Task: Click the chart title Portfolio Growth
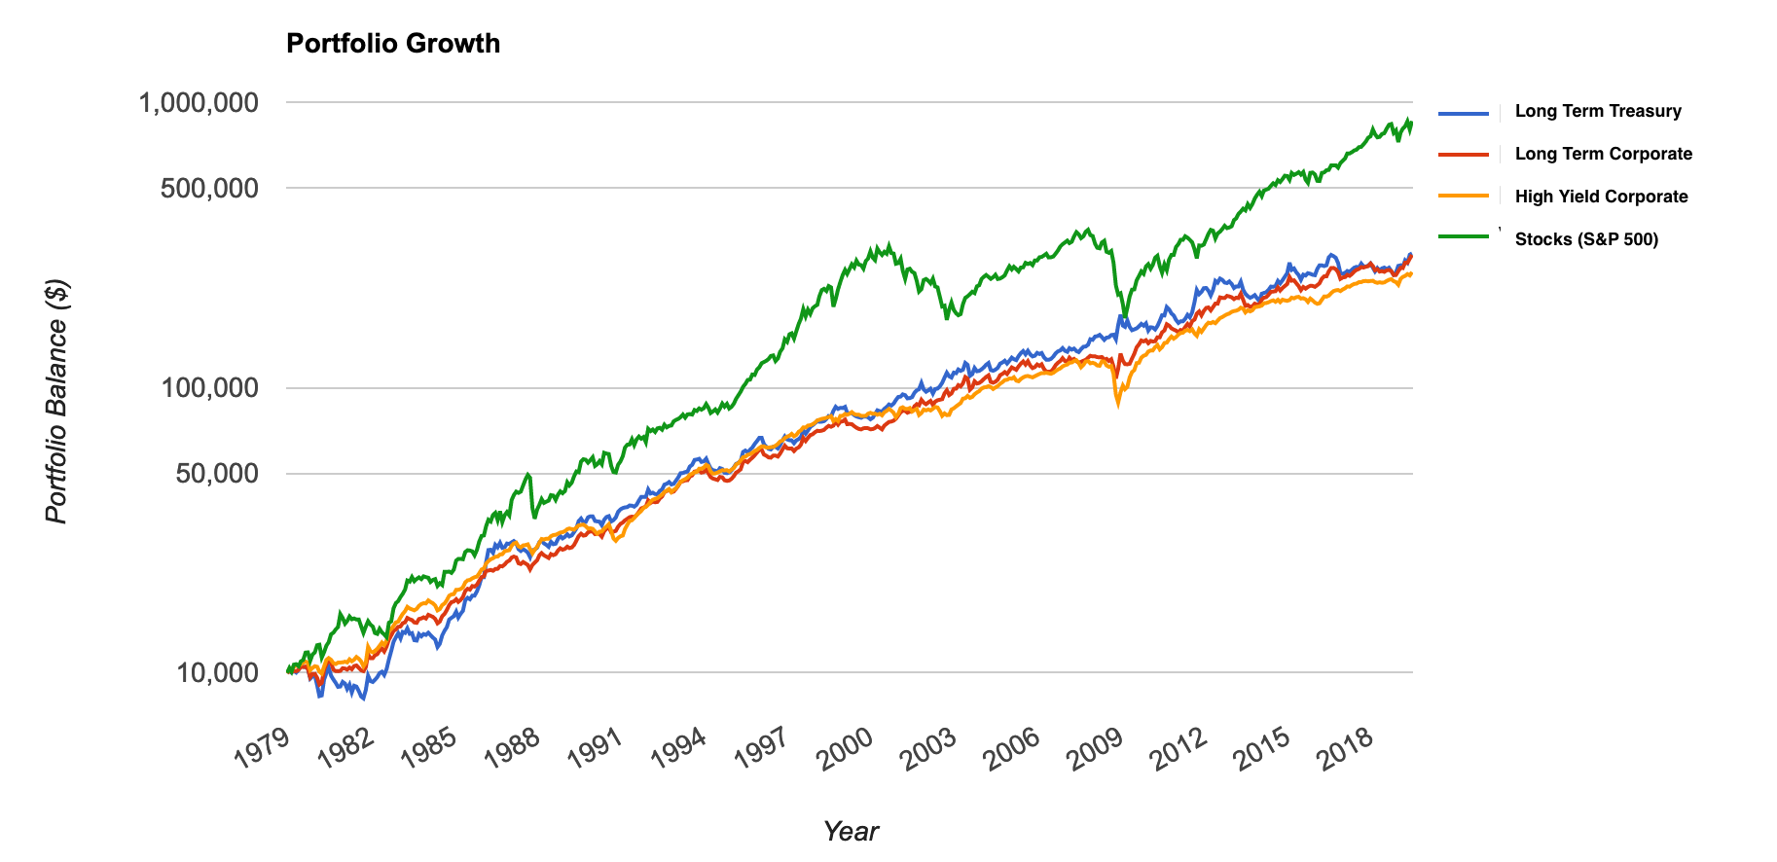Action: point(393,44)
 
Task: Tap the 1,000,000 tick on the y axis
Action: point(199,102)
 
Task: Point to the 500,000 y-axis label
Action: point(209,188)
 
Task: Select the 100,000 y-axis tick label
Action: point(209,388)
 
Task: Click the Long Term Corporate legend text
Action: point(1604,154)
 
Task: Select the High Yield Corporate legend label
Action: point(1601,197)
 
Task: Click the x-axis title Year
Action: point(851,831)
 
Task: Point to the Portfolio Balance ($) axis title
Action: point(57,401)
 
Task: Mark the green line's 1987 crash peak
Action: point(527,475)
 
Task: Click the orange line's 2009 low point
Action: point(1117,404)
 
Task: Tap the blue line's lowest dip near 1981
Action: point(363,699)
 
